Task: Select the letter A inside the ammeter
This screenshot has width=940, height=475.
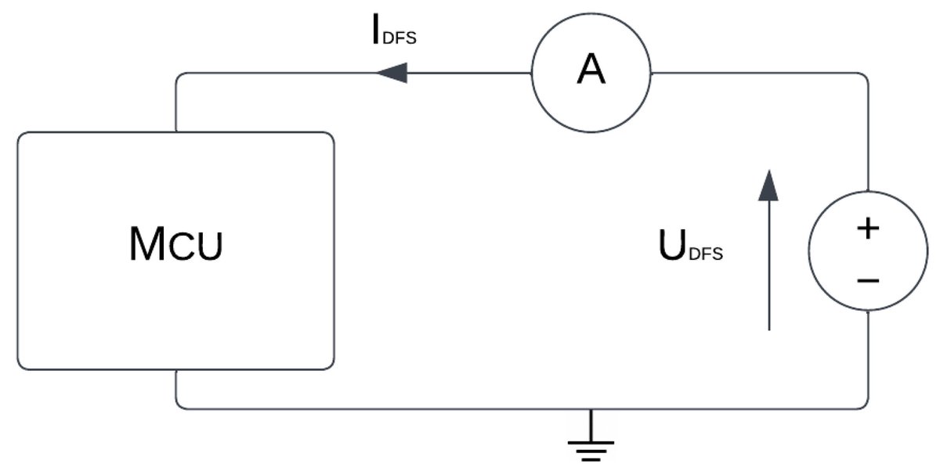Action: (591, 70)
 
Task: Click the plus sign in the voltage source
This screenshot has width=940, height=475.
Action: (867, 229)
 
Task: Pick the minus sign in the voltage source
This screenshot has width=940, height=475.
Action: (867, 279)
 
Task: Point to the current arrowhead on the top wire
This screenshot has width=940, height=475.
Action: (392, 74)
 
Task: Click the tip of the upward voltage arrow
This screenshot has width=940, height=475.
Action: (769, 172)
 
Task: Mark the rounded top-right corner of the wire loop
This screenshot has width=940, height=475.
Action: (865, 77)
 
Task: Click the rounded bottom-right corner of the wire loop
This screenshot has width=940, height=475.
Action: (865, 405)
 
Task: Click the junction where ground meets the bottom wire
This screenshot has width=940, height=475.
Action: (591, 408)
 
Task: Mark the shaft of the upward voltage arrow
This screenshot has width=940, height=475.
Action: (769, 266)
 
